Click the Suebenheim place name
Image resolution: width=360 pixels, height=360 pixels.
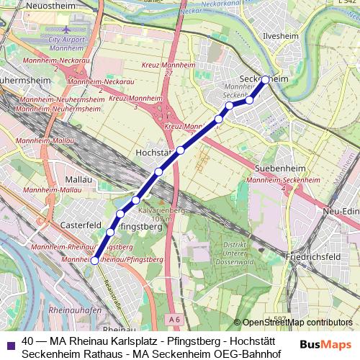[281, 168]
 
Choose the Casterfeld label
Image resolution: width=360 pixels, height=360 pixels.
[81, 225]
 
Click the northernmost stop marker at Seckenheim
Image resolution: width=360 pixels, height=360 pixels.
[266, 80]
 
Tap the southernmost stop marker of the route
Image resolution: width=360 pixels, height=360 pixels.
[94, 261]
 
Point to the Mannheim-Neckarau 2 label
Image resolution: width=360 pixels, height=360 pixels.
[56, 64]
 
